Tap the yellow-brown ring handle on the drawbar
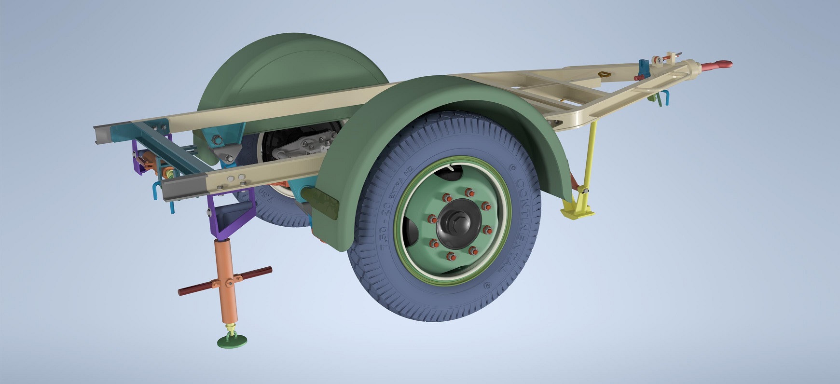click(604, 74)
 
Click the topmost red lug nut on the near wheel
click(467, 192)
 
